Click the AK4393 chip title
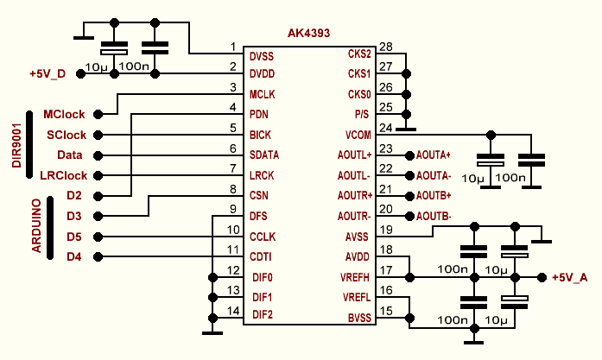tap(313, 35)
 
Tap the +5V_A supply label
tap(571, 277)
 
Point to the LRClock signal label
tap(64, 175)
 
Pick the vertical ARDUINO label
tap(38, 225)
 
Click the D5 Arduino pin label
tap(74, 236)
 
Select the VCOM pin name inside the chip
tap(357, 135)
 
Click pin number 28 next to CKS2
tap(385, 47)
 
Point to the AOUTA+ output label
tap(434, 155)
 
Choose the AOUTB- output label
tap(433, 216)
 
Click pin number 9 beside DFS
tap(232, 208)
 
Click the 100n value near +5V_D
tap(134, 66)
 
